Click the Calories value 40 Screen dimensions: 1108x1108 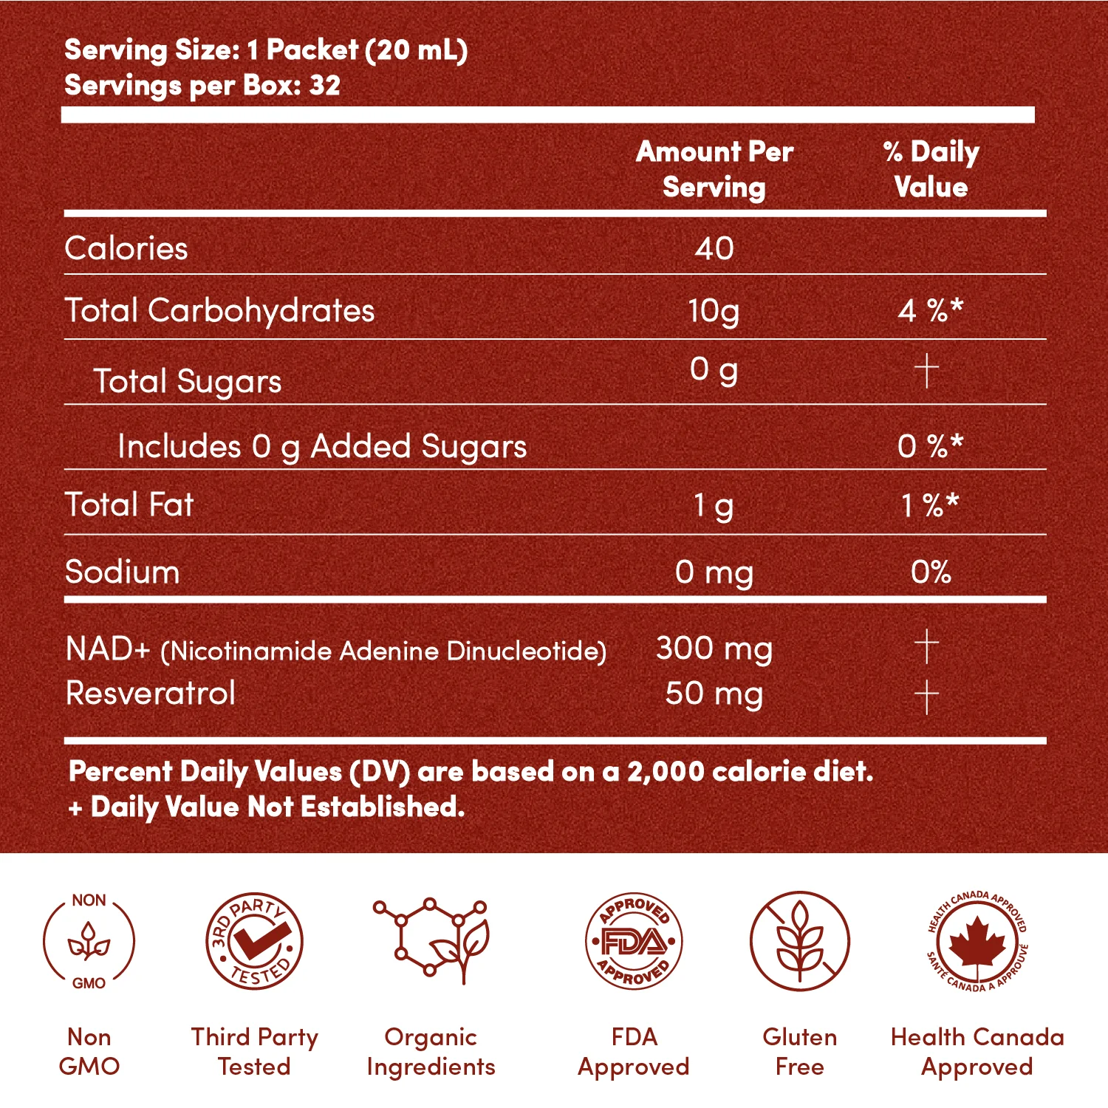click(714, 249)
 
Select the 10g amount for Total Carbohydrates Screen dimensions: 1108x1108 click(714, 311)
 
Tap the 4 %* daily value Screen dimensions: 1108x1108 click(930, 311)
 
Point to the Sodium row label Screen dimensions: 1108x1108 click(123, 572)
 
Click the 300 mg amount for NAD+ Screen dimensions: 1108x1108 click(714, 649)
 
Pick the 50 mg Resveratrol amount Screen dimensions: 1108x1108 click(714, 694)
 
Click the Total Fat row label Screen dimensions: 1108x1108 click(129, 505)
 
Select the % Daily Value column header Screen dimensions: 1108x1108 click(931, 169)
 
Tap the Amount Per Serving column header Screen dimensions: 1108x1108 click(714, 169)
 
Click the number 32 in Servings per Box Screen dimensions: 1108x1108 click(325, 86)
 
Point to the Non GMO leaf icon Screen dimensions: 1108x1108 click(89, 942)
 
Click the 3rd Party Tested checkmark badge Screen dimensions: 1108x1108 click(254, 941)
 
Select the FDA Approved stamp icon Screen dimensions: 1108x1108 click(634, 941)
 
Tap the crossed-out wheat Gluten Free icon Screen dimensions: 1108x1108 click(799, 941)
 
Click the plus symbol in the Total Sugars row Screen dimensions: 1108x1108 click(926, 370)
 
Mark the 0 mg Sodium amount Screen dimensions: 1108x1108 click(714, 572)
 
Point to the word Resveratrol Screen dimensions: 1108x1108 click(151, 694)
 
